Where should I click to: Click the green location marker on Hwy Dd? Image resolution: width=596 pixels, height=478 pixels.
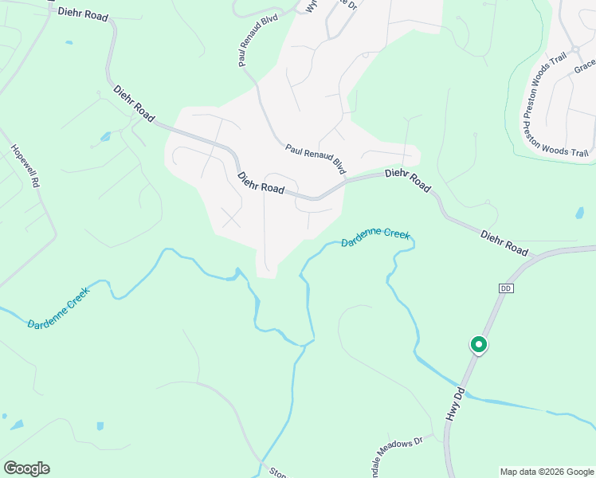(x=479, y=345)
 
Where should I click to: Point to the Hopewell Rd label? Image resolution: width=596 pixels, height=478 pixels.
(x=25, y=166)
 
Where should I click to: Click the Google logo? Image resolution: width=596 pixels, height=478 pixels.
(x=26, y=468)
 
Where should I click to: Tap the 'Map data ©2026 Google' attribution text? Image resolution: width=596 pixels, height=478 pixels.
(x=547, y=472)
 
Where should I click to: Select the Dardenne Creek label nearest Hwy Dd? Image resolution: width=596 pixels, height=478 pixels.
(x=375, y=237)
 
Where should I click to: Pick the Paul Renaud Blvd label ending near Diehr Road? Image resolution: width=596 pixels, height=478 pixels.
(x=316, y=159)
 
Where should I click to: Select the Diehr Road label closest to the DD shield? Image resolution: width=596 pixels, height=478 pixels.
(x=504, y=243)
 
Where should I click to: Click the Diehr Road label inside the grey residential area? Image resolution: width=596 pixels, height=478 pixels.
(x=261, y=182)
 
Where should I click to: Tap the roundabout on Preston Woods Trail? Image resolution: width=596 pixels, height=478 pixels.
(x=574, y=49)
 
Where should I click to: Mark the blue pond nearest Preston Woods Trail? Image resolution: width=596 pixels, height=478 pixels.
(x=579, y=213)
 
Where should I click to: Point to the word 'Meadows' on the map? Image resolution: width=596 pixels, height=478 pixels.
(x=401, y=447)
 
